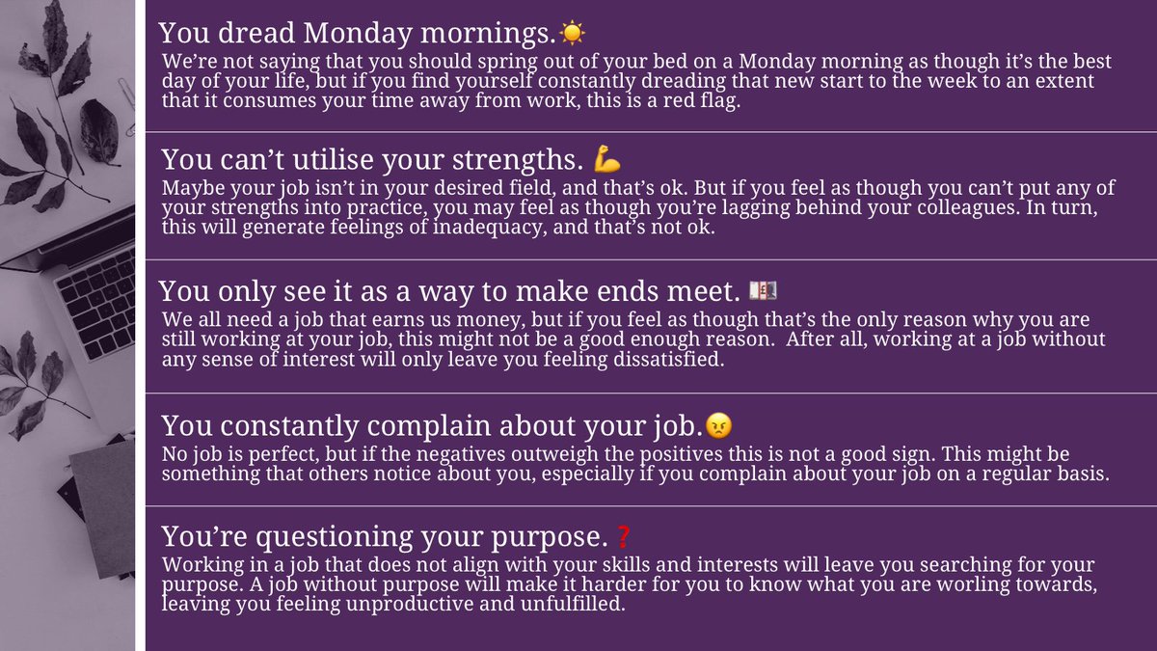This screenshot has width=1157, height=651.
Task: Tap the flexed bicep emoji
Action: pyautogui.click(x=608, y=159)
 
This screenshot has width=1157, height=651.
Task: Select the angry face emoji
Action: pyautogui.click(x=717, y=424)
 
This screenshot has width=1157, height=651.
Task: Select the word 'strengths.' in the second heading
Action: pyautogui.click(x=521, y=160)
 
